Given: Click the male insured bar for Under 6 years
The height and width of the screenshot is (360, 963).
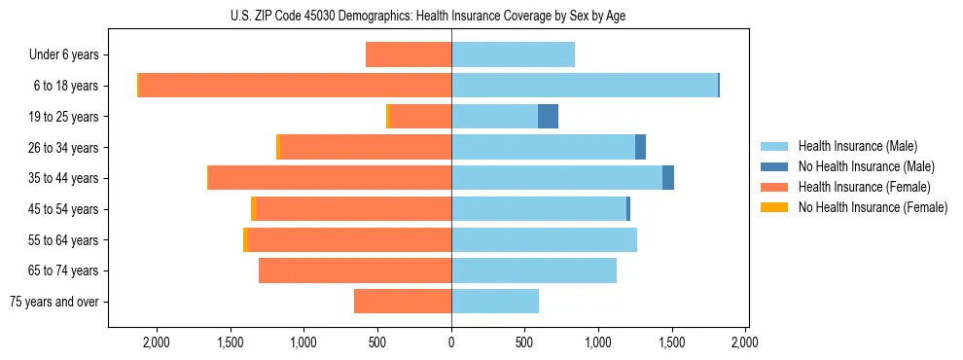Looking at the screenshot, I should click(513, 54).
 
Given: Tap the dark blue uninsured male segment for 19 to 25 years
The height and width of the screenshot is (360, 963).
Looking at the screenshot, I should click(548, 117).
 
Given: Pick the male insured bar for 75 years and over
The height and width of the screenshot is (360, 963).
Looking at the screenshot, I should click(494, 302).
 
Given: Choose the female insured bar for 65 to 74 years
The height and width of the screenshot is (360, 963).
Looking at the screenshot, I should click(355, 270).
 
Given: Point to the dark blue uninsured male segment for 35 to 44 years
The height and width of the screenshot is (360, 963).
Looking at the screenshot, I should click(668, 178).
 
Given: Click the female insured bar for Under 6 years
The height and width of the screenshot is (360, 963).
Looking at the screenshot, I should click(409, 54).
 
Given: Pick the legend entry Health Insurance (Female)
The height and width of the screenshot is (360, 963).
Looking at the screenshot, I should click(864, 187).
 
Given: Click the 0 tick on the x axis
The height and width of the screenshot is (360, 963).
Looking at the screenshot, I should click(451, 342).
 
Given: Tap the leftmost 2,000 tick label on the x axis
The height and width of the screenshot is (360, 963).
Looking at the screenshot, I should click(157, 342).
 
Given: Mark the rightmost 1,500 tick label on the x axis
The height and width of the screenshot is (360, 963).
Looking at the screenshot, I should click(672, 342).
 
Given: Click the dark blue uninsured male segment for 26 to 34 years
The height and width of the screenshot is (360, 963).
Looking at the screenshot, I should click(640, 147).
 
